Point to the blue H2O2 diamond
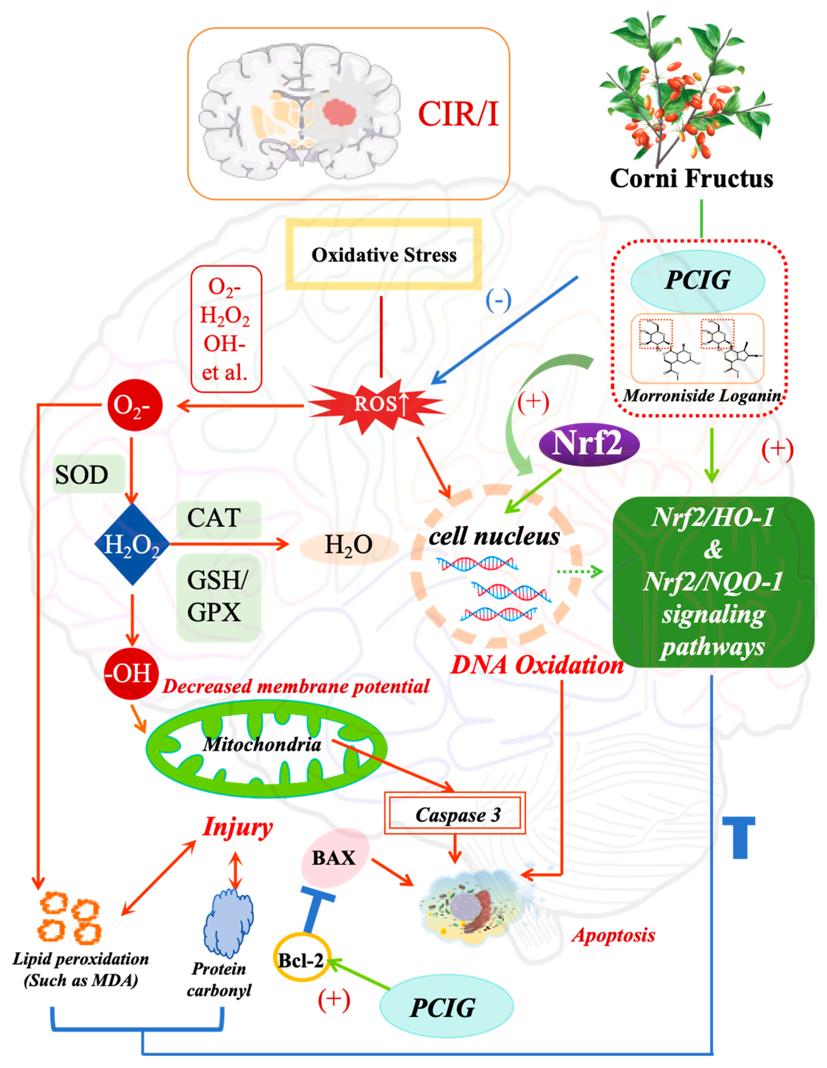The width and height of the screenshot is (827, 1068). pyautogui.click(x=132, y=544)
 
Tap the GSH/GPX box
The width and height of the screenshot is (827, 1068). pyautogui.click(x=218, y=597)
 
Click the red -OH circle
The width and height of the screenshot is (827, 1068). pyautogui.click(x=131, y=673)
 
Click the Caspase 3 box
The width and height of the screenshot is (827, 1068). pyautogui.click(x=455, y=814)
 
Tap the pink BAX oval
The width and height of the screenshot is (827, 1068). pyautogui.click(x=334, y=858)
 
